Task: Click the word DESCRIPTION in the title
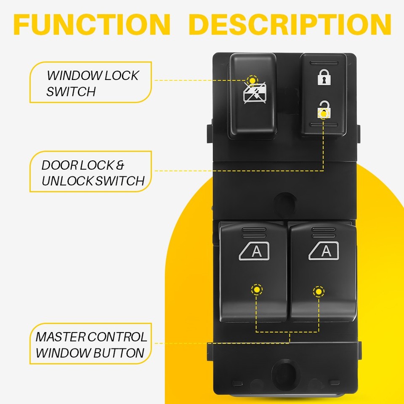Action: (290, 25)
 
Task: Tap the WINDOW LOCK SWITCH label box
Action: (90, 83)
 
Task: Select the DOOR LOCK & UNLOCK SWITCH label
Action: (90, 173)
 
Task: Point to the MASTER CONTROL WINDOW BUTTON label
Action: (90, 344)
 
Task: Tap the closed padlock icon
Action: (324, 77)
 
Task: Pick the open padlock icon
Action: (324, 110)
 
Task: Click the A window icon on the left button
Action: (255, 252)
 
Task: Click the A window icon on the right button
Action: (324, 251)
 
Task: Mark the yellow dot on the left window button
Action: (256, 290)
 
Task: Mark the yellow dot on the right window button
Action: (319, 291)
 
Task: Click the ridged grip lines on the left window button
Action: (254, 232)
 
